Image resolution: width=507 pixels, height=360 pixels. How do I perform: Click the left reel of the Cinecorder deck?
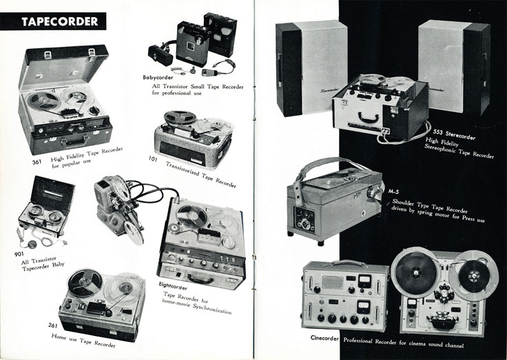click(x=412, y=268)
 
